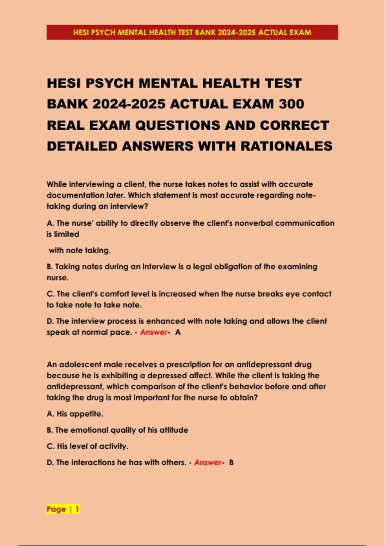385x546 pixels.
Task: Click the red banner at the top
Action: click(192, 32)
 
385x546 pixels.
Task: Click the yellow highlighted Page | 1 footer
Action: click(63, 509)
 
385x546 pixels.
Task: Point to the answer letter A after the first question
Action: click(178, 332)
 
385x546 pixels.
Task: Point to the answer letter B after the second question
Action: click(231, 462)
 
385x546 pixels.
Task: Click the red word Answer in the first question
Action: click(154, 332)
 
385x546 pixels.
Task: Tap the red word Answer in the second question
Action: click(208, 462)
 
